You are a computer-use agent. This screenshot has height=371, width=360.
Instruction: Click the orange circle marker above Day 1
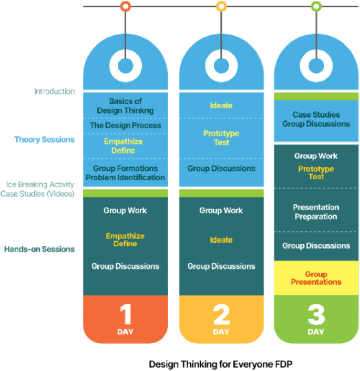125,7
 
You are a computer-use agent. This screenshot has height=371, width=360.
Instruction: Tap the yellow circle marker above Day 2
221,7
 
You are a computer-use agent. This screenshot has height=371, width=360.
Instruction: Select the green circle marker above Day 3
316,7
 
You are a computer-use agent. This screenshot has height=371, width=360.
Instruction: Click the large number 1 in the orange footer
125,315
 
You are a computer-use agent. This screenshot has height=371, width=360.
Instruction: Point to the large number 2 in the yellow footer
221,315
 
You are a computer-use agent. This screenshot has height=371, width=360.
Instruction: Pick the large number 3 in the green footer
316,315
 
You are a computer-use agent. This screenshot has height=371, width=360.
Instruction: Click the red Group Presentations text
316,278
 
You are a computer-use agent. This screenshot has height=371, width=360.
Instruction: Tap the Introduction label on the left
55,91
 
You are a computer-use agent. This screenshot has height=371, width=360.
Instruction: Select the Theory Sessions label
44,140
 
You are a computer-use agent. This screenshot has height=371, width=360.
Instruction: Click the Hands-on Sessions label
39,249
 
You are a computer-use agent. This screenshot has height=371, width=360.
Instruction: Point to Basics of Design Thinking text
125,106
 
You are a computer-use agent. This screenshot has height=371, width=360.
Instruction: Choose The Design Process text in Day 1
125,126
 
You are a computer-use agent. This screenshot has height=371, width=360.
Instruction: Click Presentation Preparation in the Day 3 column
316,212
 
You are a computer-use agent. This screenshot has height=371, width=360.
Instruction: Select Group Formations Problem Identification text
125,173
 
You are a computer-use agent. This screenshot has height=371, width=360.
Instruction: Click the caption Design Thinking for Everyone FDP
220,364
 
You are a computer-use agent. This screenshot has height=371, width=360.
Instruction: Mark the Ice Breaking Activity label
40,185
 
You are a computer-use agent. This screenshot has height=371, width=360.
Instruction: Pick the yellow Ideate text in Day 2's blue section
221,106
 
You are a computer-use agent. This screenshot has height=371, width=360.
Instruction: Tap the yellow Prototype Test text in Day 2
221,138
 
